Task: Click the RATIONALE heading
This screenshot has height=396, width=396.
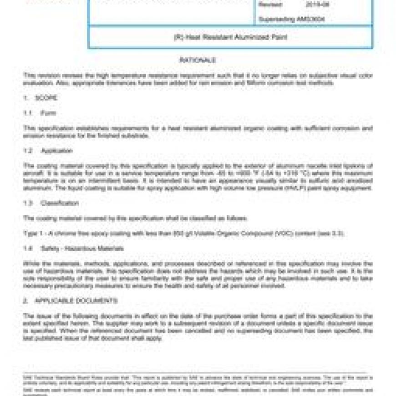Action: click(198, 60)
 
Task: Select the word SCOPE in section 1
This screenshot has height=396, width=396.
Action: click(46, 98)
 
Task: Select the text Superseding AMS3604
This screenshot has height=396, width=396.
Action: click(291, 19)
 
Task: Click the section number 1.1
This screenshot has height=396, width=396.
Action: click(27, 113)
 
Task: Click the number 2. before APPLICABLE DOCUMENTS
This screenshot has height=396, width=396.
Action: click(25, 301)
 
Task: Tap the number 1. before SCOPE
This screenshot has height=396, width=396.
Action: click(25, 98)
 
